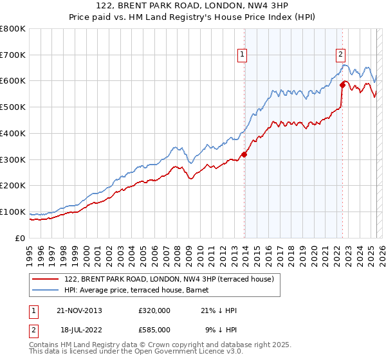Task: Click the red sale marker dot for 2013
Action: (244, 154)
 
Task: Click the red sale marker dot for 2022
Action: (342, 84)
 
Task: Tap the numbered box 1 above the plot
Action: (243, 55)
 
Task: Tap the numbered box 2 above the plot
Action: (340, 55)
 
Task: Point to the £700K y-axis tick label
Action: (13, 55)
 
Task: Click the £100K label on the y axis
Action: (13, 212)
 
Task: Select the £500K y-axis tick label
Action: (13, 107)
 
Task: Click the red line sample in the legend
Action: (45, 279)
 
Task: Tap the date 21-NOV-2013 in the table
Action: (80, 310)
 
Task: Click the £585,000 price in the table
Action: (154, 329)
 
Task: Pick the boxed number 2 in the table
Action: (33, 329)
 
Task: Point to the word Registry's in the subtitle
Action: (216, 18)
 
